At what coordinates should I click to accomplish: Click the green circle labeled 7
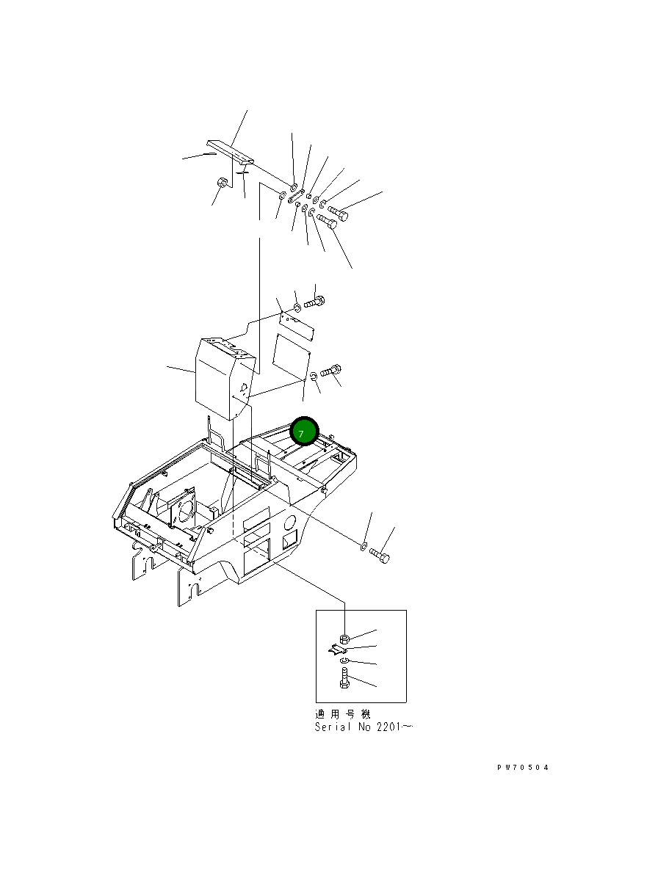point(304,432)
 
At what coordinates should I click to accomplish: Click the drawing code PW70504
point(523,767)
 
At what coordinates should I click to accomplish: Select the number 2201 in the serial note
point(388,727)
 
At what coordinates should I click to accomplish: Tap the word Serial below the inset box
point(333,727)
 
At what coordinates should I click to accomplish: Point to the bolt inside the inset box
point(344,677)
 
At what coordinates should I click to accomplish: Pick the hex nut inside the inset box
point(346,638)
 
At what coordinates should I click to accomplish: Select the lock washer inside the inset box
point(344,661)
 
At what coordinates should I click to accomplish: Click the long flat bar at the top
point(230,153)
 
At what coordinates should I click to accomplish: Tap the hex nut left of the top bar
point(222,183)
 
